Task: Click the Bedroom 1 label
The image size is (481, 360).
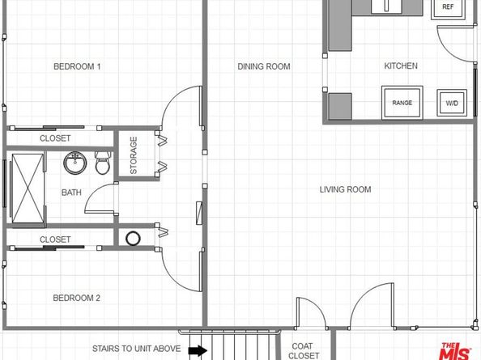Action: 77,66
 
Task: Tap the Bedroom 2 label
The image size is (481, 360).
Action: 77,299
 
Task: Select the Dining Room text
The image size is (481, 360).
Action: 264,66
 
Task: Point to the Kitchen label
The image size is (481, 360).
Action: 401,66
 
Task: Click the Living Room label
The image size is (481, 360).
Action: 345,190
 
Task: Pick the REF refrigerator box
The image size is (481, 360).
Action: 448,7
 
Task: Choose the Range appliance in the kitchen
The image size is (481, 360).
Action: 402,103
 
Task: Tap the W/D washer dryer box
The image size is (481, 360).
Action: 450,103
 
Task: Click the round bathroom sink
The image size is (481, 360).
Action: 75,164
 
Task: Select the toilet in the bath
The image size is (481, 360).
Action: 103,165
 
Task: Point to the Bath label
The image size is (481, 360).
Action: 71,193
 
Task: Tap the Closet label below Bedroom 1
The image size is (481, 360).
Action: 55,139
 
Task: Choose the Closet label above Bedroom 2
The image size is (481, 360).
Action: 55,239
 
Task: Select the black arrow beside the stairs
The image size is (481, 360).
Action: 197,350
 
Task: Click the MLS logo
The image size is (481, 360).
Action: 456,350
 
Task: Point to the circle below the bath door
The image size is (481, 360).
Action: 133,239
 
